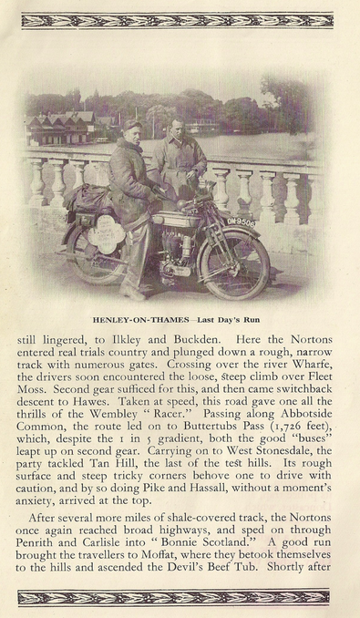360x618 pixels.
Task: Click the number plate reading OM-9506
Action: (x=240, y=221)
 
